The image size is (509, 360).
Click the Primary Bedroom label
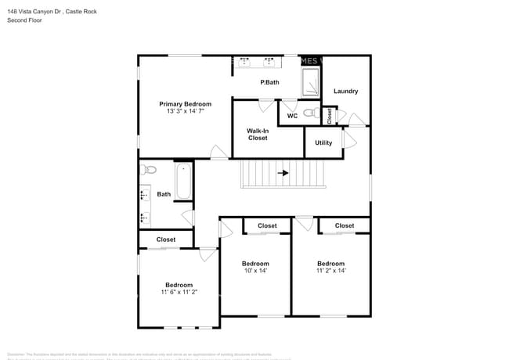186,104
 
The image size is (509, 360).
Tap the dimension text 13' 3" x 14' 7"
186,112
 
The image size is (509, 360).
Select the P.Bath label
269,82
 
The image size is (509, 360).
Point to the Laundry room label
345,92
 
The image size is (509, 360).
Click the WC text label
292,116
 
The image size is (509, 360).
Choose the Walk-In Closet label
258,134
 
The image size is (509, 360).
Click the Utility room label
323,142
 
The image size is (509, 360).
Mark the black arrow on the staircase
283,173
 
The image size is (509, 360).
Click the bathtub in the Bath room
184,182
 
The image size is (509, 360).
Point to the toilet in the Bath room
149,169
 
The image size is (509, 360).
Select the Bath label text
164,194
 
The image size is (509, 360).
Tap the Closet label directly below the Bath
166,239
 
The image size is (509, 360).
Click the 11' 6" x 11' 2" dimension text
179,292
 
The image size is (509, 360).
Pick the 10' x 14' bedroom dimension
255,271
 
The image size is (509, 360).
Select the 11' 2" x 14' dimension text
330,271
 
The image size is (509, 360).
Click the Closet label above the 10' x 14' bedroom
267,225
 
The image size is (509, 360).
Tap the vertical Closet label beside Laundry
330,116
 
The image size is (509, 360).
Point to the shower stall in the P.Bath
311,81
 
